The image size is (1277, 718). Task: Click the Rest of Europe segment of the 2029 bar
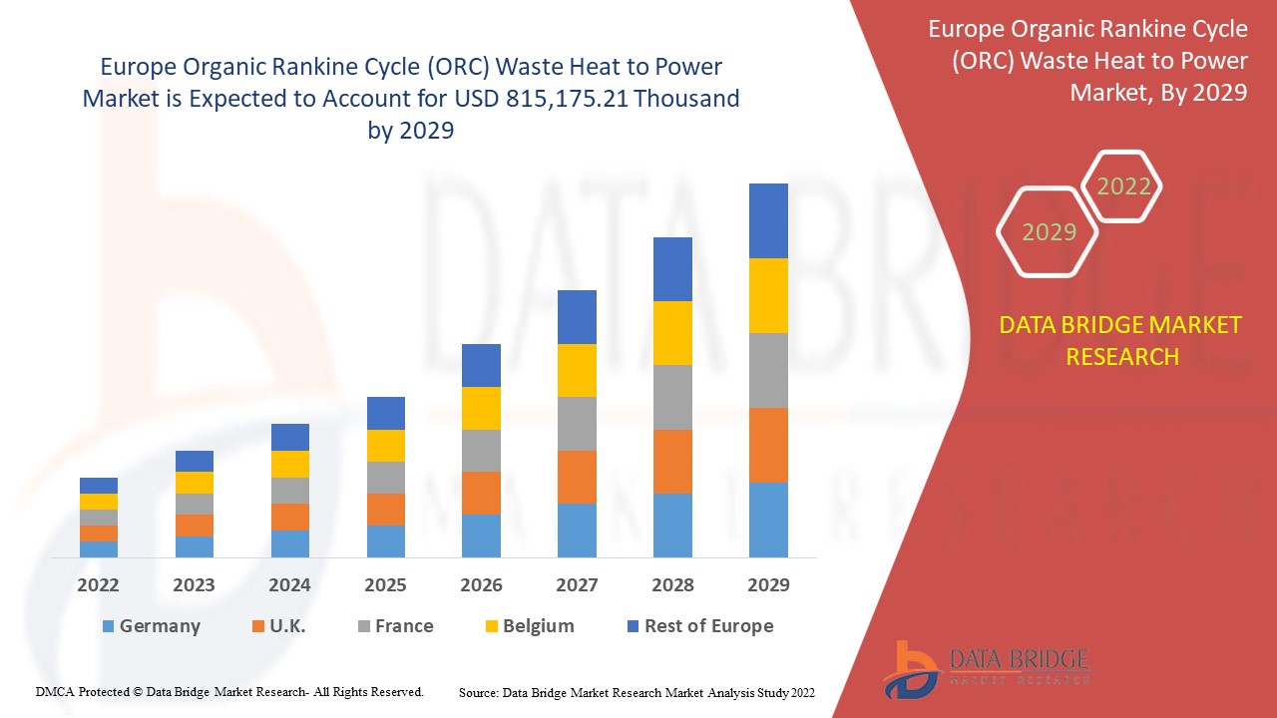pos(768,220)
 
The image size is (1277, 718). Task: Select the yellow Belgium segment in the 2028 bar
pos(672,332)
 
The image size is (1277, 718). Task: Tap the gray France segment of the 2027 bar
pos(577,424)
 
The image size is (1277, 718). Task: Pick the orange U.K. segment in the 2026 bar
pos(481,493)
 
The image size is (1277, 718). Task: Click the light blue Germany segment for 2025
pos(385,540)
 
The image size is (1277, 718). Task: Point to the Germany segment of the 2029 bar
pos(768,520)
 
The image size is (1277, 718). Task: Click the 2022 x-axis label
pos(98,584)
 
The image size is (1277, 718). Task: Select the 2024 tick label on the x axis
pos(289,584)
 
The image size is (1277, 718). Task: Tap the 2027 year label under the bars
pos(577,584)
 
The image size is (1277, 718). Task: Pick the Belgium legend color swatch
pos(489,627)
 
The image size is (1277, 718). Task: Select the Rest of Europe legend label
pos(708,626)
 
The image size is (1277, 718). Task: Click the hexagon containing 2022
pos(1123,186)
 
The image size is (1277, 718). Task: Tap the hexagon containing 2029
pos(1049,231)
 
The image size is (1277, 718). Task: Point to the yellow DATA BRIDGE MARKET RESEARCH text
pos(1121,340)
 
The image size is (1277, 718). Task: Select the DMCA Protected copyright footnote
pos(229,691)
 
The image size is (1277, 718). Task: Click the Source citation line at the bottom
pos(637,692)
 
